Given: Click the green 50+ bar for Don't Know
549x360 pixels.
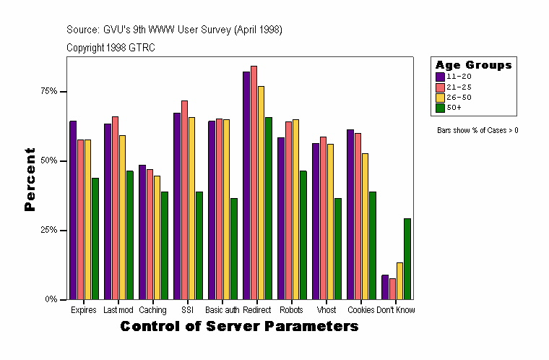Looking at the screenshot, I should click(407, 259).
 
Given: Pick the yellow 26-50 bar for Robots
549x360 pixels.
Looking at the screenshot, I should click(295, 209).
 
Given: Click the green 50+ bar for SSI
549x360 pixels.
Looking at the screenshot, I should click(199, 245).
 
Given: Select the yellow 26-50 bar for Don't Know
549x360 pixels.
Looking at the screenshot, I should click(399, 280).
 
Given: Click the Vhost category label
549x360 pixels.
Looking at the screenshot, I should click(327, 310).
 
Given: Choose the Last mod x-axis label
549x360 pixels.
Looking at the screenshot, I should click(118, 310).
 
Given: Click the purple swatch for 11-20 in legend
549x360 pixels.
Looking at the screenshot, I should click(440, 76).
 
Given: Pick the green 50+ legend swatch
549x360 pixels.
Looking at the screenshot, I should click(440, 108).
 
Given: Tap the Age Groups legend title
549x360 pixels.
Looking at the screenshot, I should click(473, 65).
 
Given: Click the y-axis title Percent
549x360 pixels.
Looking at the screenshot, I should click(30, 179).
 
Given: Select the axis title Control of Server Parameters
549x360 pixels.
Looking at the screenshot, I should click(239, 327).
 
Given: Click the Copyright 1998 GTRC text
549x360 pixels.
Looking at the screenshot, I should click(111, 48).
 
